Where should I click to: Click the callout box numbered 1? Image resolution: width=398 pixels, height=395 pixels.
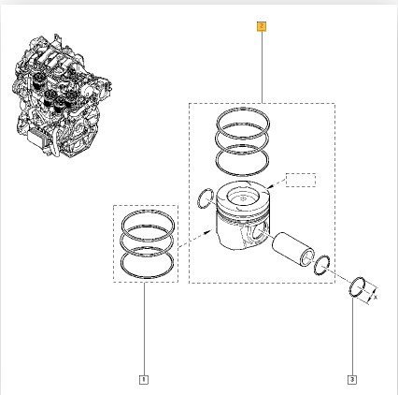point(143,379)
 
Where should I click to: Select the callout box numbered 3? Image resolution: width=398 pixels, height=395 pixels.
point(351,379)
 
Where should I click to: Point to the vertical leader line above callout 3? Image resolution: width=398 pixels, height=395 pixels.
point(351,337)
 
